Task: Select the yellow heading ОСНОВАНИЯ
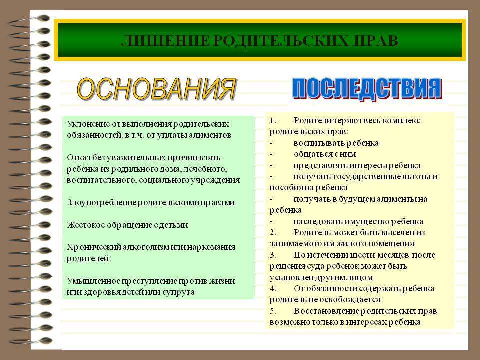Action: [156, 89]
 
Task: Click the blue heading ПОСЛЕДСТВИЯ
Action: [367, 89]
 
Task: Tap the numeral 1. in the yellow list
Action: [273, 120]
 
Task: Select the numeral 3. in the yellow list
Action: [273, 255]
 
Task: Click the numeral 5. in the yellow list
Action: [273, 311]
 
